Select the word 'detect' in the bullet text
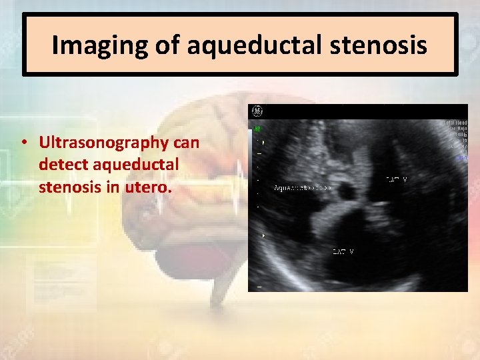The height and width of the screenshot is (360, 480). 61,165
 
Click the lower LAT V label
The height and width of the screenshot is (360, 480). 343,251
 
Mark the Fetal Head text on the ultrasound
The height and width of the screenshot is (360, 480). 455,123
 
